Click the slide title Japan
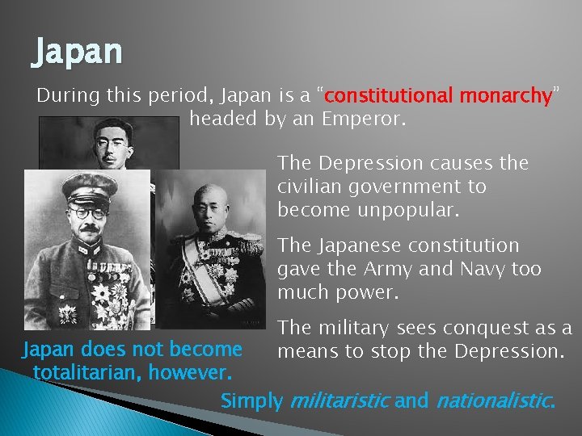(x=78, y=52)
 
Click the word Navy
(x=474, y=268)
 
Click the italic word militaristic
(x=339, y=400)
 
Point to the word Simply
(x=252, y=400)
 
